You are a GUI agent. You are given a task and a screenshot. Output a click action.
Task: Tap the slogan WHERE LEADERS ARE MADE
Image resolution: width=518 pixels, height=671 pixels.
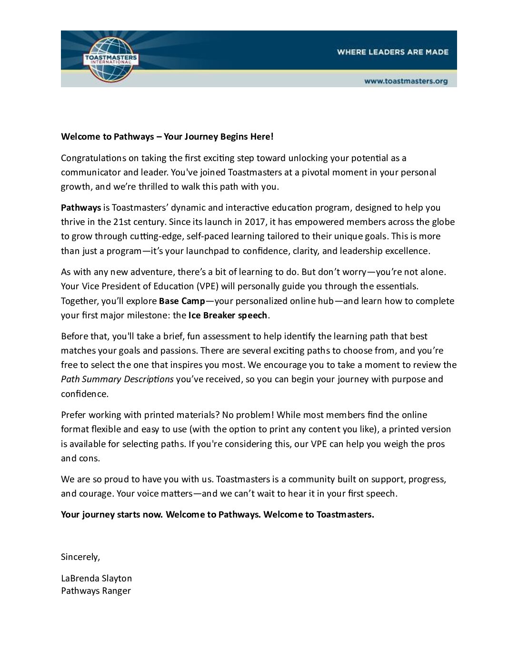pos(392,52)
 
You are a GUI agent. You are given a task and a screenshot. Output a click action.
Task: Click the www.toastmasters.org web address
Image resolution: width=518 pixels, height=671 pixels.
pos(406,81)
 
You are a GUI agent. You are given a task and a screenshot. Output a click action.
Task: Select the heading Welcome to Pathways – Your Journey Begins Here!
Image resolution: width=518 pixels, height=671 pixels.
pos(167,137)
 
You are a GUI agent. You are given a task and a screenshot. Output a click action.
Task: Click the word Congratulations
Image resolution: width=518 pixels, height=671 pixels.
pos(93,158)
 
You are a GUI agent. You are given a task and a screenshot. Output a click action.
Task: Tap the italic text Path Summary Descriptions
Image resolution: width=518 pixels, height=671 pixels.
pos(117,379)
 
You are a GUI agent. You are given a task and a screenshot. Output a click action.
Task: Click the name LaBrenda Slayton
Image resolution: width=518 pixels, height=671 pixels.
pos(96,579)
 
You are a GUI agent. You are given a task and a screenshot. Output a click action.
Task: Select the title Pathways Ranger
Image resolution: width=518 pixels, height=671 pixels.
pos(96,591)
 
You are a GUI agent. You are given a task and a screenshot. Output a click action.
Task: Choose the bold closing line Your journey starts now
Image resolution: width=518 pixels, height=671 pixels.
pos(112,515)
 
